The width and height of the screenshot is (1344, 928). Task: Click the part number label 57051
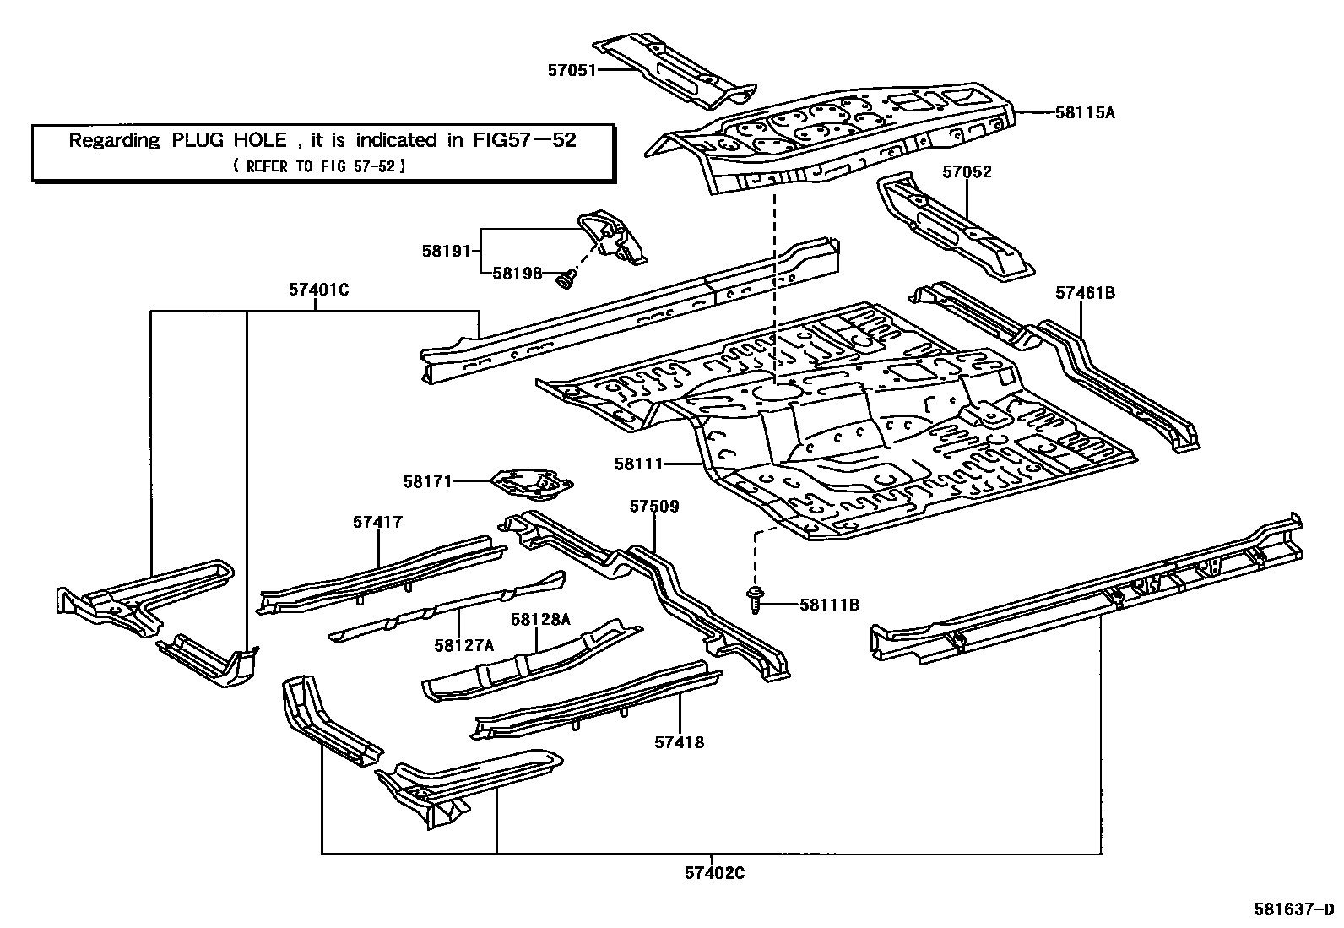[x=572, y=70]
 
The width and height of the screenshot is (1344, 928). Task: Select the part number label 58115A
[x=1085, y=112]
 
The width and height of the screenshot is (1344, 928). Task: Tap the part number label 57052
[x=967, y=172]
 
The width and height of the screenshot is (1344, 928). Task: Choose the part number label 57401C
[x=318, y=290]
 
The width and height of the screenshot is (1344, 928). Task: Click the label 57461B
[x=1085, y=293]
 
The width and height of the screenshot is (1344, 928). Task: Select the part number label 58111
[x=638, y=464]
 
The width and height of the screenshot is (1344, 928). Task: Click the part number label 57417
[x=377, y=523]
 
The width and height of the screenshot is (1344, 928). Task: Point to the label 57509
[x=654, y=507]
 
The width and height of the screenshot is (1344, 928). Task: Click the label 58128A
[x=540, y=620]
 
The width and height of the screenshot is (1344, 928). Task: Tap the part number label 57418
[x=679, y=742]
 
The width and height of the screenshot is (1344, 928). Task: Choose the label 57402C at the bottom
[x=714, y=874]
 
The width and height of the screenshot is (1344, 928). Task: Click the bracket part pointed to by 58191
[x=612, y=236]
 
